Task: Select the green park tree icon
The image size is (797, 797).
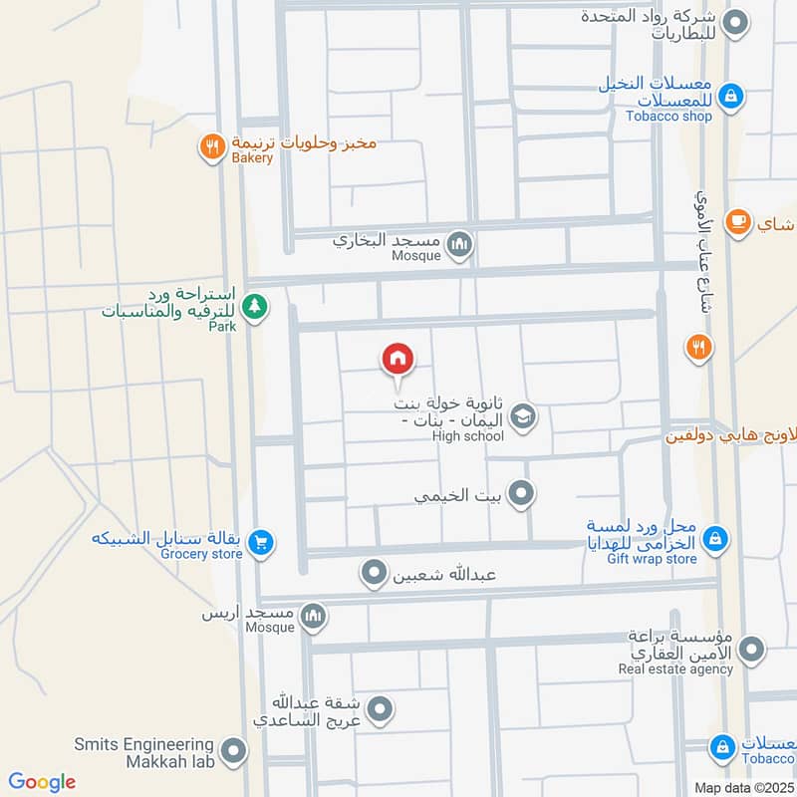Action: click(256, 305)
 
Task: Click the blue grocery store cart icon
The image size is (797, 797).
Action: click(261, 542)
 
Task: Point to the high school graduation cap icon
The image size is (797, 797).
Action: click(523, 418)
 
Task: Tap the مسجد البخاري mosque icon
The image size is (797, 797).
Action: click(459, 243)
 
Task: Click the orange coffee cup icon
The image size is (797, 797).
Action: click(738, 220)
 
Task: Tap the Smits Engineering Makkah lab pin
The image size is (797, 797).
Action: click(233, 752)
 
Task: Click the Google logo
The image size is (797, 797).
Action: click(42, 782)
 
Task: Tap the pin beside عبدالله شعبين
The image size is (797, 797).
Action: click(374, 573)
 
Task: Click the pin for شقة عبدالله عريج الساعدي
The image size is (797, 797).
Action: click(379, 709)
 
